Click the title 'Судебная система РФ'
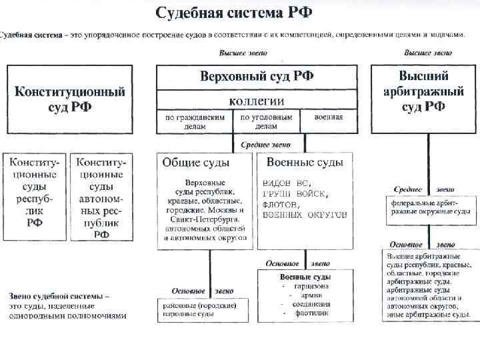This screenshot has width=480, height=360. click(234, 13)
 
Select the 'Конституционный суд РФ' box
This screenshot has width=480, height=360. click(70, 99)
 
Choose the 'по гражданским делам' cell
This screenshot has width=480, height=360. click(193, 121)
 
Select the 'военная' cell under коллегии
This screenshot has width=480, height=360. click(329, 117)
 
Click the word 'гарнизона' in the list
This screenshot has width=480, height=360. click(311, 285)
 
